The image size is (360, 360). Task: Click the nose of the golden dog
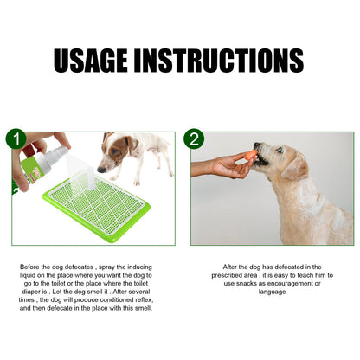pyautogui.click(x=257, y=149)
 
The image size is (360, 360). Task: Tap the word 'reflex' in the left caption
pyautogui.click(x=150, y=299)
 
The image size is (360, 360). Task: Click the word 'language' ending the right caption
pyautogui.click(x=272, y=291)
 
